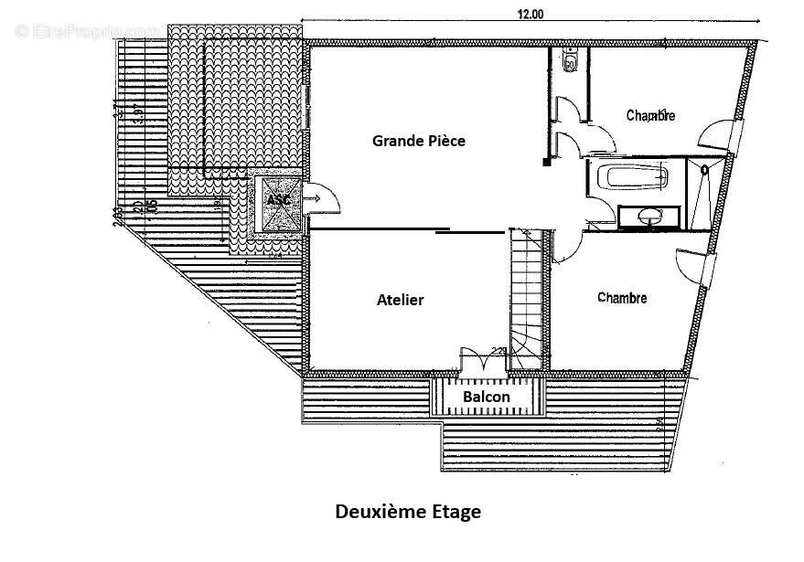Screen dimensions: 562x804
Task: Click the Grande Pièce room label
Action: [419, 141]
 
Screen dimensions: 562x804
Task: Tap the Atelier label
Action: [400, 300]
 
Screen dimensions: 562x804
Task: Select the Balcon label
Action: [486, 398]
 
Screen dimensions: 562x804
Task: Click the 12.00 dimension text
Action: [530, 14]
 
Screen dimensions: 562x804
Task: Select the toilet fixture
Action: [569, 63]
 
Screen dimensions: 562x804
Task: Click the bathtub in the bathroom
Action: [631, 176]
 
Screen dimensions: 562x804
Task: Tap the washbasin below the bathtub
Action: [650, 217]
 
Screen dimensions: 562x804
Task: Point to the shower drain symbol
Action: [704, 169]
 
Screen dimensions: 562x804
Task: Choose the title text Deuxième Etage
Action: [407, 512]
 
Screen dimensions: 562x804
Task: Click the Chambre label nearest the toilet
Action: [650, 115]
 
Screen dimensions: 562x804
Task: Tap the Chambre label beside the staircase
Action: [622, 298]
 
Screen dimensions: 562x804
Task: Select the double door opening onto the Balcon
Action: [481, 360]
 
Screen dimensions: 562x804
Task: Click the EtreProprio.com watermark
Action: [87, 30]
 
